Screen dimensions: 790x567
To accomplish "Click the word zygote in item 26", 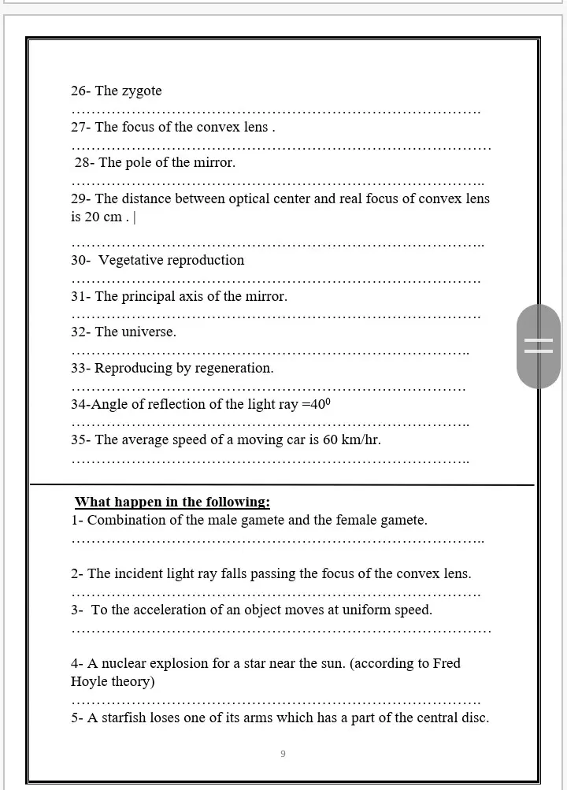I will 142,91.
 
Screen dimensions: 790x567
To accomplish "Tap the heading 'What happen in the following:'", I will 172,503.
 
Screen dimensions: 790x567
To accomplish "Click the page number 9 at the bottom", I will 283,754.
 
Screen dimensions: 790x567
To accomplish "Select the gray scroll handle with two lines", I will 539,346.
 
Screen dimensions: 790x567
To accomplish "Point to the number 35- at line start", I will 81,440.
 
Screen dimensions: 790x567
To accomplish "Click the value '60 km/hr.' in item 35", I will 352,440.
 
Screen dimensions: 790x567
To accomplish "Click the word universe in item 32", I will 148,332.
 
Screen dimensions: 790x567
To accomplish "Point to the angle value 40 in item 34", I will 317,405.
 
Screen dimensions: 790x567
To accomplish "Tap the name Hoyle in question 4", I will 89,682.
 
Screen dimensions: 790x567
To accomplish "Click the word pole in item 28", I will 138,163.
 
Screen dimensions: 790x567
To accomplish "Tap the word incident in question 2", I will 144,574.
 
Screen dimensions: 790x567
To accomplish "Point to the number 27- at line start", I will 81,128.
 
